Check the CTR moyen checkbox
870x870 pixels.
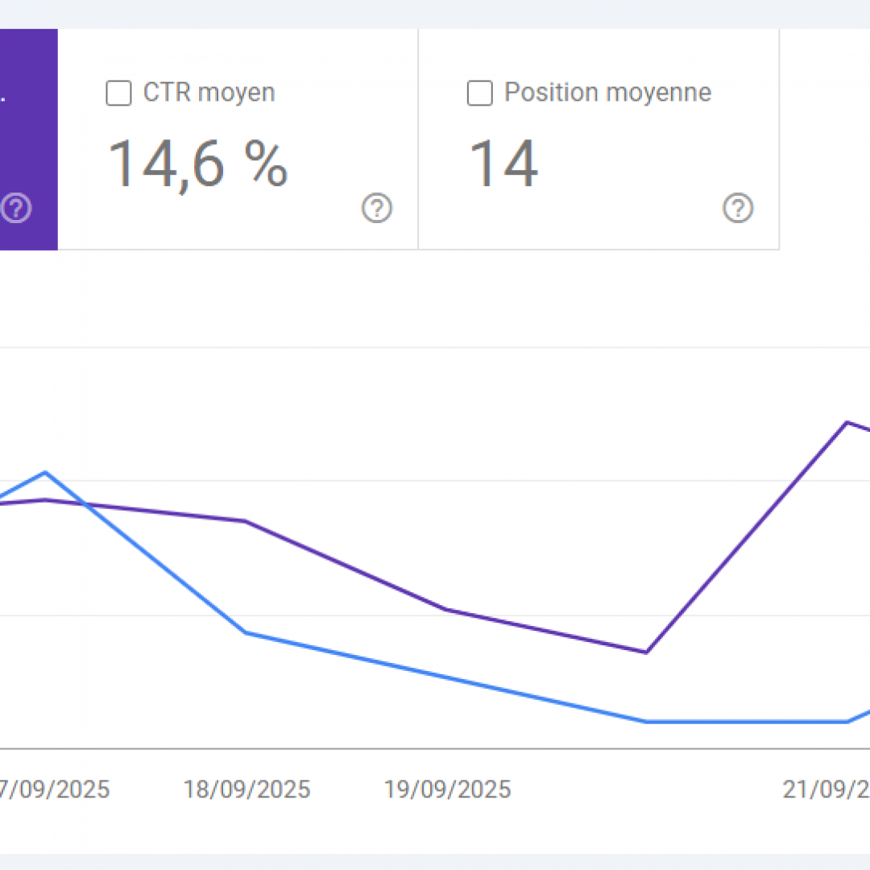tap(118, 93)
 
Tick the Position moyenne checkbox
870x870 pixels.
tap(479, 93)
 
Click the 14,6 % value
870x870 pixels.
tap(197, 164)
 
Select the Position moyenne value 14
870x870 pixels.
tap(503, 164)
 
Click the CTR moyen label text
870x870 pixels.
tap(209, 93)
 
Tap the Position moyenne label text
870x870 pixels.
tap(607, 93)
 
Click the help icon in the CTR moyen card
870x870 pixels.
tap(376, 209)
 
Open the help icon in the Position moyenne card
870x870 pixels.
tap(737, 209)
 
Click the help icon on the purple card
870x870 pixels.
tap(17, 209)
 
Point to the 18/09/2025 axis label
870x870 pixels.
tap(246, 789)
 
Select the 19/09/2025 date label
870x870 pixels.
tap(447, 789)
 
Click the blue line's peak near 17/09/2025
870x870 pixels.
tap(45, 472)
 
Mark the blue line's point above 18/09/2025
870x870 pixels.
tap(246, 632)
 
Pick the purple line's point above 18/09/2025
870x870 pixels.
tap(246, 521)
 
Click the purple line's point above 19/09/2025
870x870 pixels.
tap(446, 609)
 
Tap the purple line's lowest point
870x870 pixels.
tap(646, 652)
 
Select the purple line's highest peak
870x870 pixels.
tap(847, 422)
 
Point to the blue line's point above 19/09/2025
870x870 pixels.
tap(446, 677)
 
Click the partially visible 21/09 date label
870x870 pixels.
tap(826, 789)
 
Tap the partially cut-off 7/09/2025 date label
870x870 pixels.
tap(55, 789)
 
